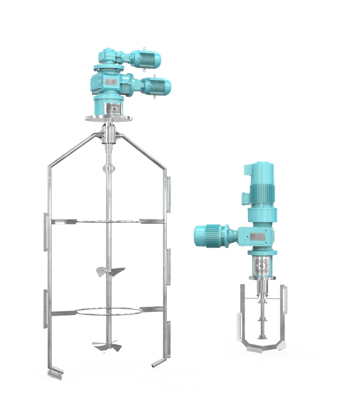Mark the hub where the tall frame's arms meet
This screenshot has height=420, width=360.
pos(108,136)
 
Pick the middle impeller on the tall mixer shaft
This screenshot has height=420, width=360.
pos(110,271)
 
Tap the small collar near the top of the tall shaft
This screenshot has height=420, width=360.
pos(109,168)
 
